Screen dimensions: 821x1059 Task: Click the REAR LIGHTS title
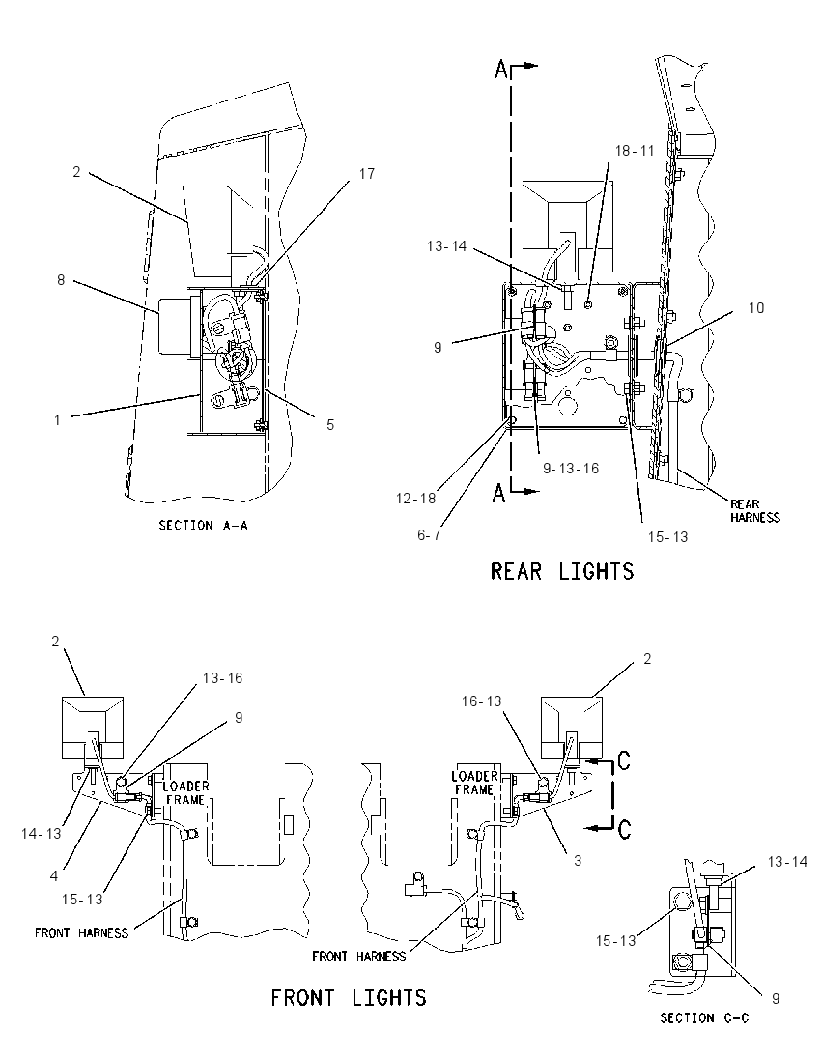point(562,571)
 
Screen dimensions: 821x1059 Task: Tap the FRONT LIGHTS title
point(349,997)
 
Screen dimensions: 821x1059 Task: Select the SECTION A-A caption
point(203,525)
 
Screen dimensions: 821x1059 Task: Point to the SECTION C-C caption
point(704,1017)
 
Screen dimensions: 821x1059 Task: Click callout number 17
point(367,174)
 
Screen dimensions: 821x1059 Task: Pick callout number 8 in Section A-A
point(61,279)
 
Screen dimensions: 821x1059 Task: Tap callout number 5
point(330,425)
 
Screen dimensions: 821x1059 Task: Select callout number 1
point(57,420)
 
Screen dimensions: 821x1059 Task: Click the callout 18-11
point(635,151)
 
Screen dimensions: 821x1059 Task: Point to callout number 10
point(756,308)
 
